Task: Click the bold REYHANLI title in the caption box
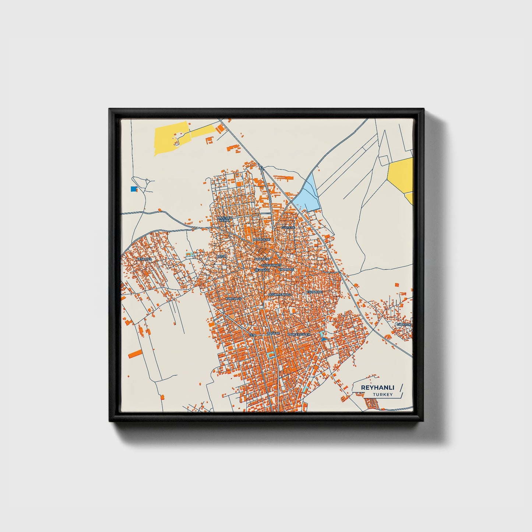[x=377, y=388]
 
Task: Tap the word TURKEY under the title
[x=383, y=395]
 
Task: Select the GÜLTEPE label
[x=289, y=228]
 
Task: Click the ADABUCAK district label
[x=262, y=240]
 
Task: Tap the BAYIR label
[x=221, y=256]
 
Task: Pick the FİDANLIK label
[x=262, y=259]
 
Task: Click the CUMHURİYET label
[x=271, y=265]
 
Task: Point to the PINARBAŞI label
[x=286, y=269]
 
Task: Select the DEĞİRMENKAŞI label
[x=279, y=295]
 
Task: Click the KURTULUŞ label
[x=234, y=299]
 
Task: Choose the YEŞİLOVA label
[x=144, y=259]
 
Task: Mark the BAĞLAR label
[x=274, y=333]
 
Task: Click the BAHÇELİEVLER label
[x=299, y=334]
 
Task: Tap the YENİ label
[x=253, y=335]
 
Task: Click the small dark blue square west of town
[x=133, y=189]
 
